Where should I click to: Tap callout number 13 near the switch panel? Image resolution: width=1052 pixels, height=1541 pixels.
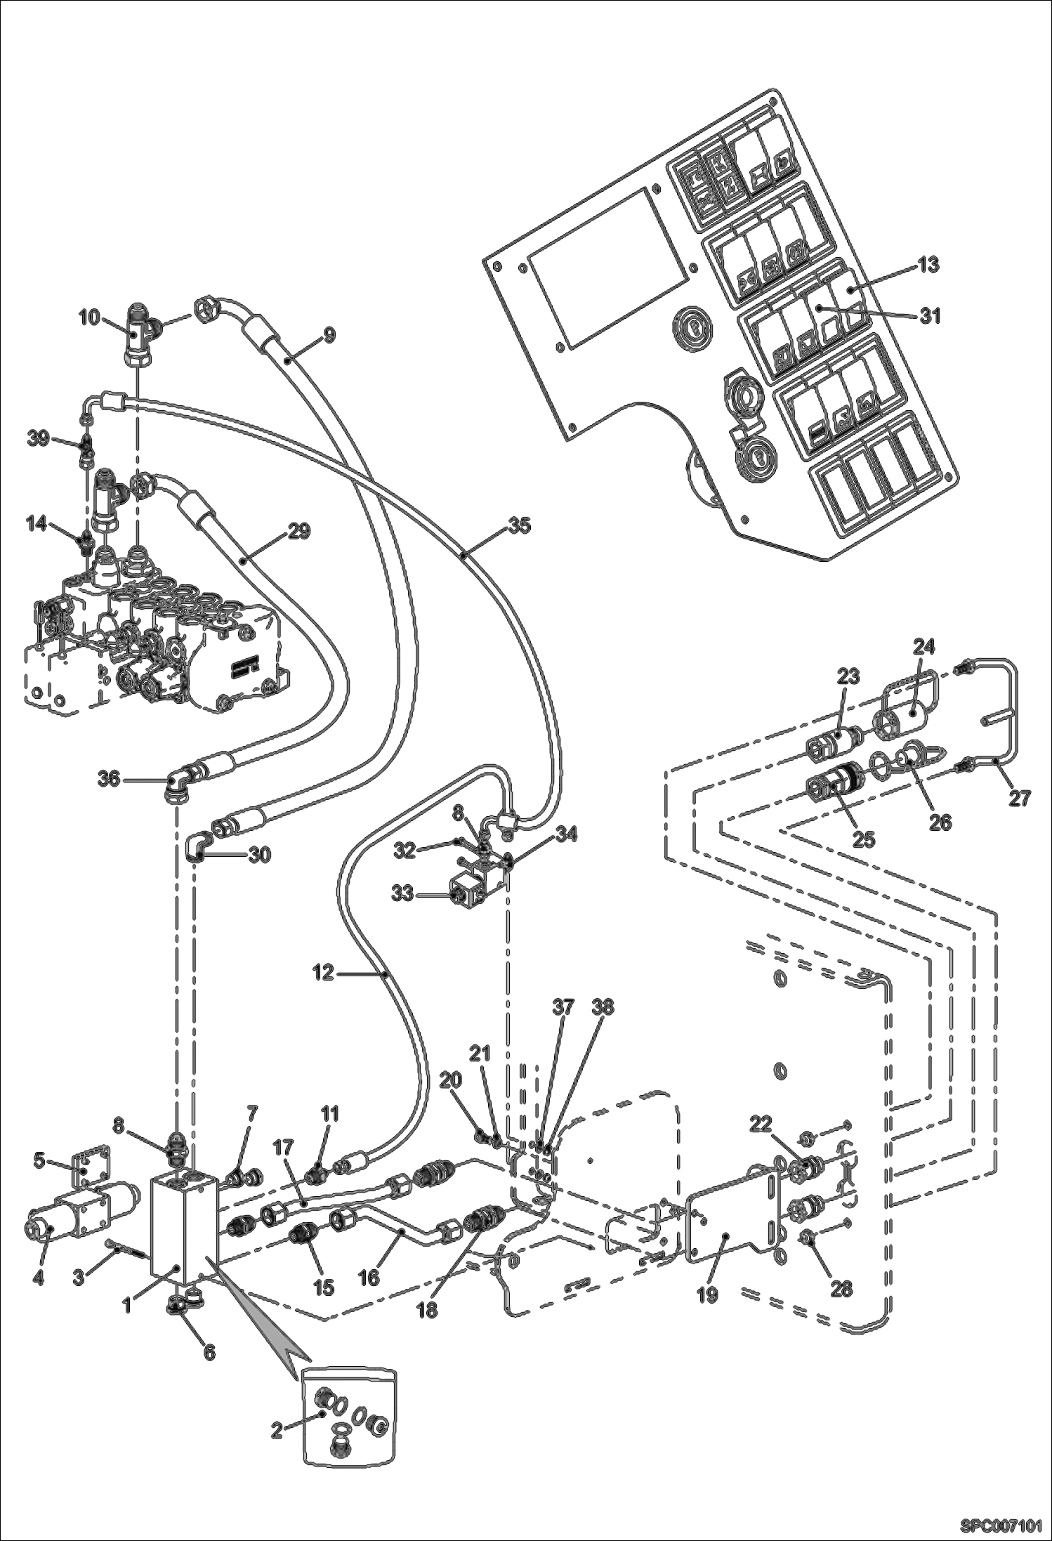coord(927,265)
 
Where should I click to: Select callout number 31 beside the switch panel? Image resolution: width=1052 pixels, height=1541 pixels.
coord(930,317)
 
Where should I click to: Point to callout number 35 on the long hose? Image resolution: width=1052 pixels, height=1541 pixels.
coord(520,525)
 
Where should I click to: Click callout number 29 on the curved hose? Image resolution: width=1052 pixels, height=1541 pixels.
coord(299,532)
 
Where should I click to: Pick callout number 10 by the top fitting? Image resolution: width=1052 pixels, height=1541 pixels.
coord(89,318)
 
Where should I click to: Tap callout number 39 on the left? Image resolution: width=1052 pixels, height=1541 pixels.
coord(38,438)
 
